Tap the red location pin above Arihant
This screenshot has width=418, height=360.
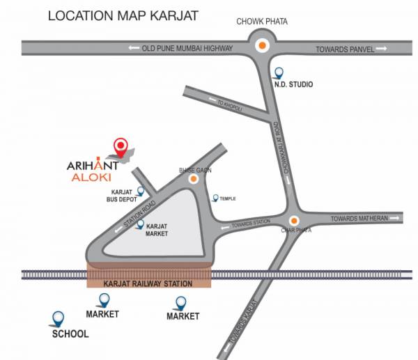click(x=121, y=147)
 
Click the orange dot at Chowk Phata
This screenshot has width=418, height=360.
click(x=262, y=47)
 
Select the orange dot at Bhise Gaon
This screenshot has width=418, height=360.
click(x=194, y=179)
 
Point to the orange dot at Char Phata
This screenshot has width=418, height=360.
click(x=293, y=219)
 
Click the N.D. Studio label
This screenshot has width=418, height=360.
click(x=293, y=84)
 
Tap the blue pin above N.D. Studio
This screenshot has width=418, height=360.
click(x=279, y=72)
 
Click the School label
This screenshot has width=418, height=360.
click(x=70, y=334)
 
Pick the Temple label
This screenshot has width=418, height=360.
click(x=228, y=198)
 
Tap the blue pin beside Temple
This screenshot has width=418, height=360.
click(x=215, y=198)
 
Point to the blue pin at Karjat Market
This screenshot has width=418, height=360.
click(x=140, y=224)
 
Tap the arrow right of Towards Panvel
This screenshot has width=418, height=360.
click(x=382, y=48)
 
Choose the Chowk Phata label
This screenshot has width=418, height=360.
click(x=262, y=22)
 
